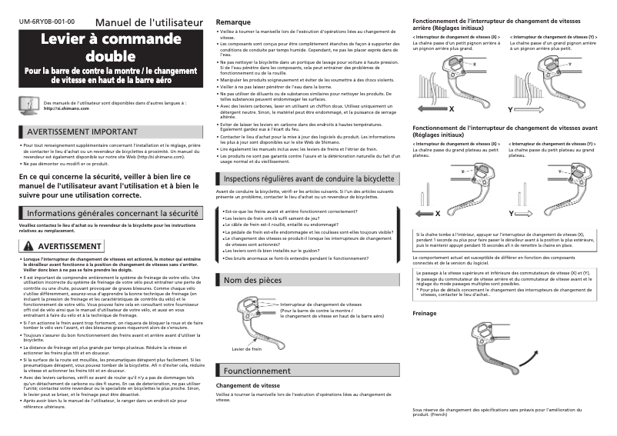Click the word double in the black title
click(110, 56)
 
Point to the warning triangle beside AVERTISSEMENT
click(28, 246)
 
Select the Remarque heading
click(234, 22)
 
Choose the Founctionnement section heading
click(257, 370)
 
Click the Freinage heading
click(425, 314)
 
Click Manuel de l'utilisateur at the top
click(149, 22)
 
